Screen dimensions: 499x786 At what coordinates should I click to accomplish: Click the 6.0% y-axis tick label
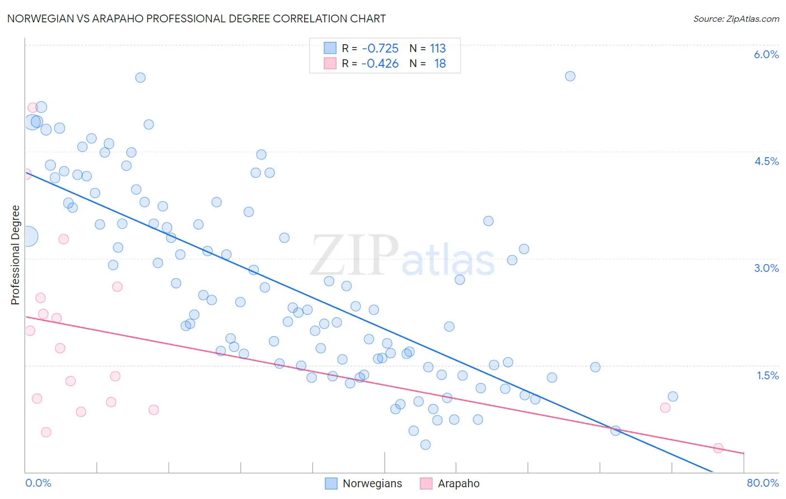766,55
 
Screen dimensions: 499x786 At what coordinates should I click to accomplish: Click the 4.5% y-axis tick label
766,162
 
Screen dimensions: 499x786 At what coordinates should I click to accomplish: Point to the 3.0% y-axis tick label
766,269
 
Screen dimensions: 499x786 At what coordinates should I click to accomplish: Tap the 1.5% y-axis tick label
768,376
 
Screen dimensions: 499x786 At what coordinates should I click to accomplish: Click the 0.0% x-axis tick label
38,483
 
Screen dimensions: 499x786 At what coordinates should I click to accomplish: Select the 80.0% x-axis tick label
763,483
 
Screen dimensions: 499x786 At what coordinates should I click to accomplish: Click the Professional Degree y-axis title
15,255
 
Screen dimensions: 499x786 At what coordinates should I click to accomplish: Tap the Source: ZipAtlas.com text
736,19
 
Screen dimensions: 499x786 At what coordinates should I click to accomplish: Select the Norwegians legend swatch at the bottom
331,483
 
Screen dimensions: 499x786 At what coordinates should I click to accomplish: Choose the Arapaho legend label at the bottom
458,483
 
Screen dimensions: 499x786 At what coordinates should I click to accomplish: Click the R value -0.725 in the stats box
380,49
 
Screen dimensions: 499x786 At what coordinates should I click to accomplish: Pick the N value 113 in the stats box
438,49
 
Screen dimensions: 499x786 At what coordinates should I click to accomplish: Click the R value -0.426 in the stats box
380,64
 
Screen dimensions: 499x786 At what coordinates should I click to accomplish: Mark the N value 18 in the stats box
440,64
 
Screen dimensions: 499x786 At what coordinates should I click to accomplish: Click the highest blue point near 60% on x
570,76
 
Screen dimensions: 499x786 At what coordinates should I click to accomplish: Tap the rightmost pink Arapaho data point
718,448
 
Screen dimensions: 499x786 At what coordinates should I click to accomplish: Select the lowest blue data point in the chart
425,445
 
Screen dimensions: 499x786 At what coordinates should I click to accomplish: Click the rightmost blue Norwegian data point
673,397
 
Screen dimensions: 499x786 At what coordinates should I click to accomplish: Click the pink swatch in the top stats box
330,64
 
